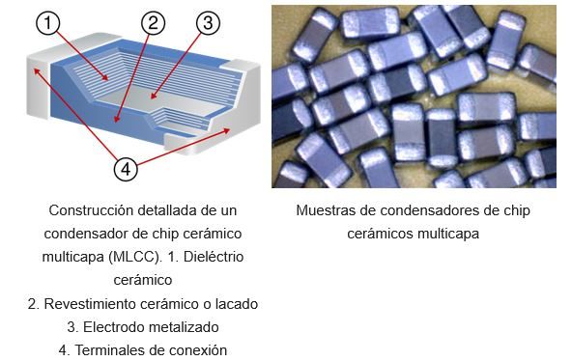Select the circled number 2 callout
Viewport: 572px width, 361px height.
coord(151,23)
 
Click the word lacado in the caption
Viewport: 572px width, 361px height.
coord(236,303)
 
